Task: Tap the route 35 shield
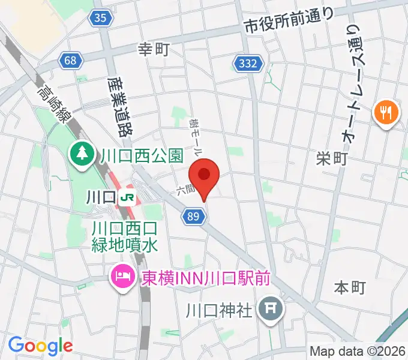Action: click(102, 19)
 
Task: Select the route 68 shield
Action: click(71, 59)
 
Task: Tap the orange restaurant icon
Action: click(385, 112)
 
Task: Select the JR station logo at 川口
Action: click(126, 196)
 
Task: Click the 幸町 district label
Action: click(155, 50)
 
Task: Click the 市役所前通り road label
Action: click(289, 21)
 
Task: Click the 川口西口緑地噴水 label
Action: click(125, 236)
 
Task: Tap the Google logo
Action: click(40, 345)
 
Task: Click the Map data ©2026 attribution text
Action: click(358, 351)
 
